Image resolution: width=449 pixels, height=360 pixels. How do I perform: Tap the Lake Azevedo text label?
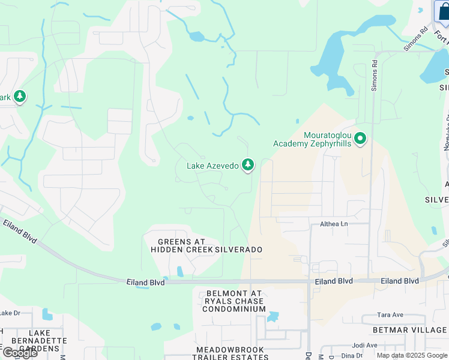(x=212, y=166)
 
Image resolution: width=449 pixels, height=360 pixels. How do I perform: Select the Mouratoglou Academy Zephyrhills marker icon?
(x=360, y=139)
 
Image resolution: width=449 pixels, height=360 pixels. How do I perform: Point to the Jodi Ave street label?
(x=365, y=345)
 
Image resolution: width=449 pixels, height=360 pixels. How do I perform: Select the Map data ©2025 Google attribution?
(x=412, y=355)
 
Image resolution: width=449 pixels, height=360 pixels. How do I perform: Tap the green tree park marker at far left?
(x=20, y=96)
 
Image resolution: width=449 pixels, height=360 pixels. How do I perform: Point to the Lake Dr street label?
(x=10, y=313)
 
